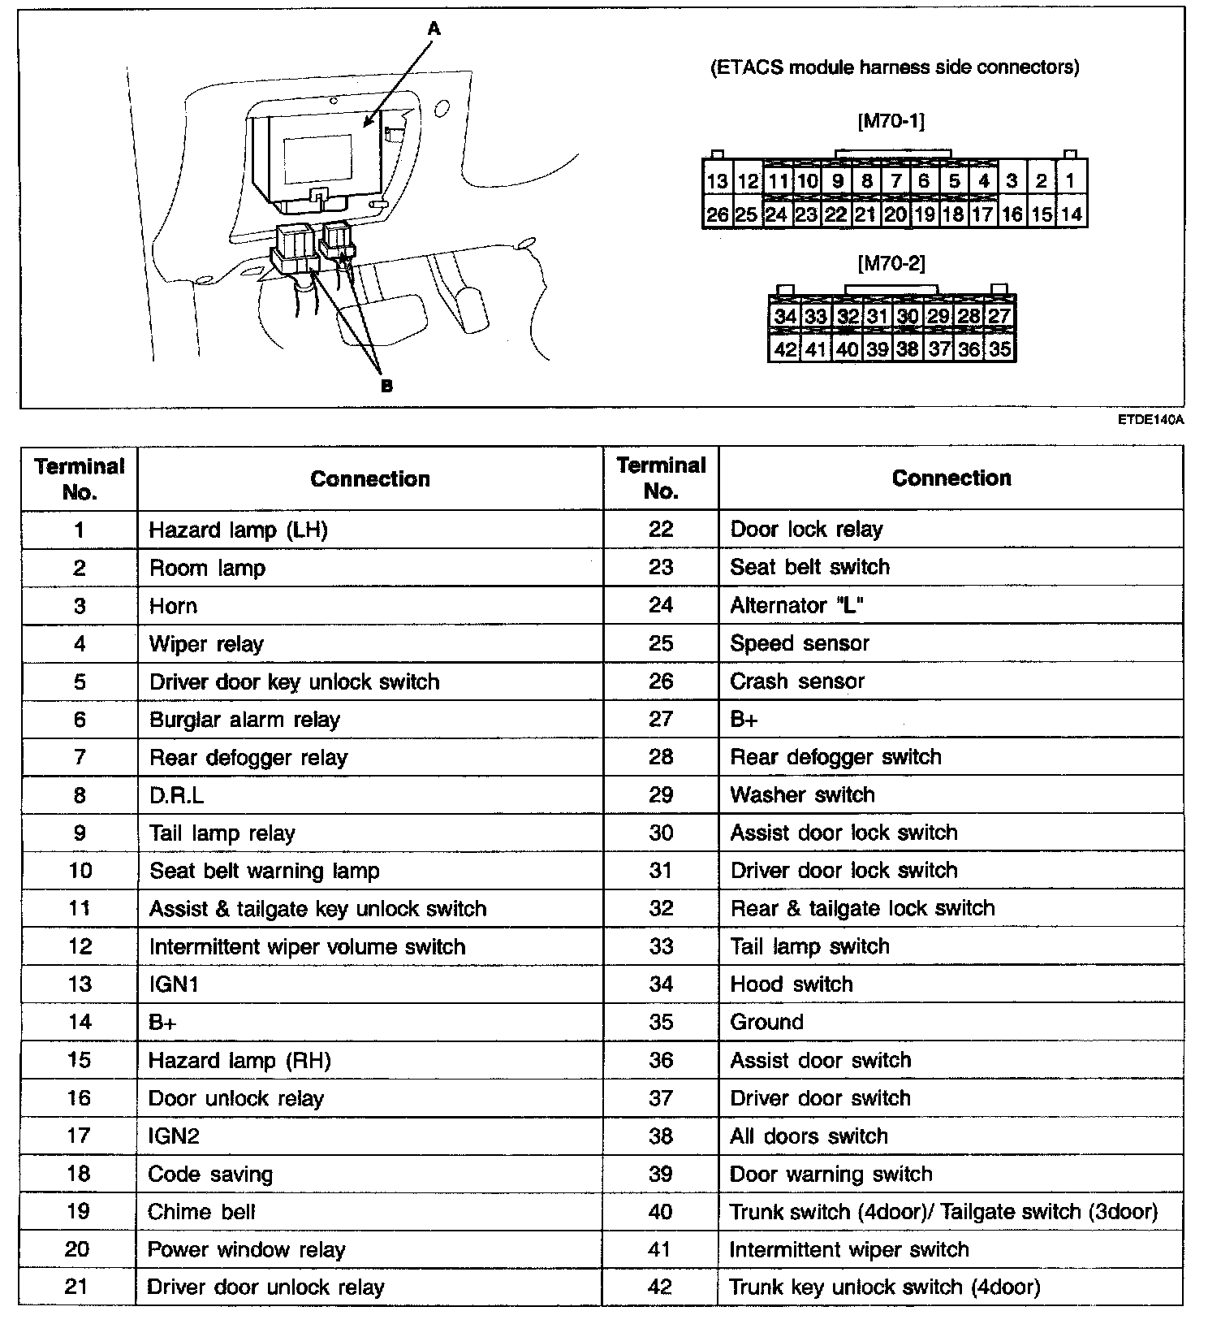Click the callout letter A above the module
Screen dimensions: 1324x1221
[434, 29]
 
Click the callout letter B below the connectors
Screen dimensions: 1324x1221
[386, 386]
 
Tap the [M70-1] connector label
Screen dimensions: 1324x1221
[891, 122]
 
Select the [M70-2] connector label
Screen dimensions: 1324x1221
[891, 263]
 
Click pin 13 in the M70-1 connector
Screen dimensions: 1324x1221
[717, 181]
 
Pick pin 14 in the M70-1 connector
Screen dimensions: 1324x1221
[1071, 214]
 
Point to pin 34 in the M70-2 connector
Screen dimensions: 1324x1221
[784, 316]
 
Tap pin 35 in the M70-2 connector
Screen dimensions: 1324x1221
[1000, 349]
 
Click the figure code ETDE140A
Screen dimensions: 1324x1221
[1150, 420]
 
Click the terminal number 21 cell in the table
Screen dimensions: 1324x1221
[78, 1287]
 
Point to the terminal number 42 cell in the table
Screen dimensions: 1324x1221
[661, 1287]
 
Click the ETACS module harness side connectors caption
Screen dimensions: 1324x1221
[895, 67]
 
